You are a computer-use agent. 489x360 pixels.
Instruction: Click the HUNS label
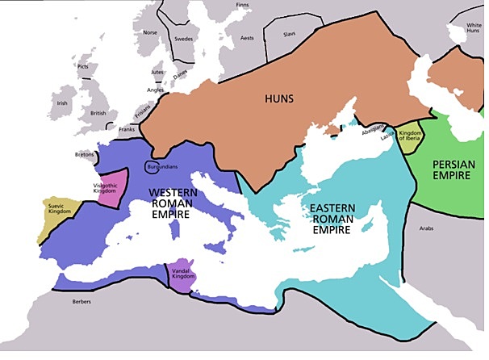click(278, 99)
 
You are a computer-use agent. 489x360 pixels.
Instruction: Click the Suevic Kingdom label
click(60, 208)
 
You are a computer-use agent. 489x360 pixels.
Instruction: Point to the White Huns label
click(474, 29)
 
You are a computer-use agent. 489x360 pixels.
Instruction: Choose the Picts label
click(81, 66)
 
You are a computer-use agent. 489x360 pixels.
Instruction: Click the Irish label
click(62, 103)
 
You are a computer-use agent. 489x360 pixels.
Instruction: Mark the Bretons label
click(85, 154)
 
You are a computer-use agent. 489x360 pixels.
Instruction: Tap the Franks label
click(127, 129)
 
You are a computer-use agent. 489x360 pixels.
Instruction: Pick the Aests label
click(247, 38)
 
